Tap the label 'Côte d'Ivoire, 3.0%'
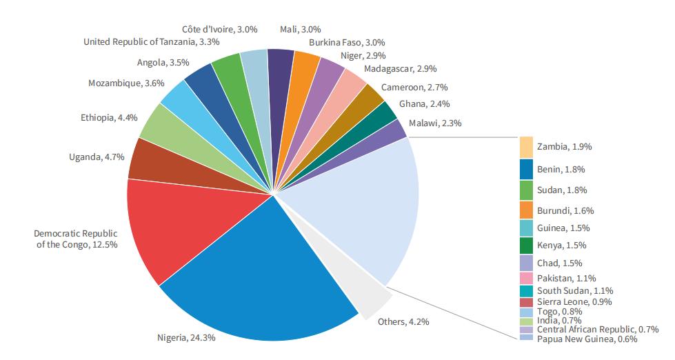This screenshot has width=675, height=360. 220,30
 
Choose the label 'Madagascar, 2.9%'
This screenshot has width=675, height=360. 400,69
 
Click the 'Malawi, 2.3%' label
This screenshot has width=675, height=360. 434,123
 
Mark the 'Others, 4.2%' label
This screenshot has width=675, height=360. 406,321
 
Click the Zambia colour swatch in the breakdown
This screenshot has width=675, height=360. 526,147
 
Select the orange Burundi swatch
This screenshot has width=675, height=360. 526,210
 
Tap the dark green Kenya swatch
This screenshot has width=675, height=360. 526,246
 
